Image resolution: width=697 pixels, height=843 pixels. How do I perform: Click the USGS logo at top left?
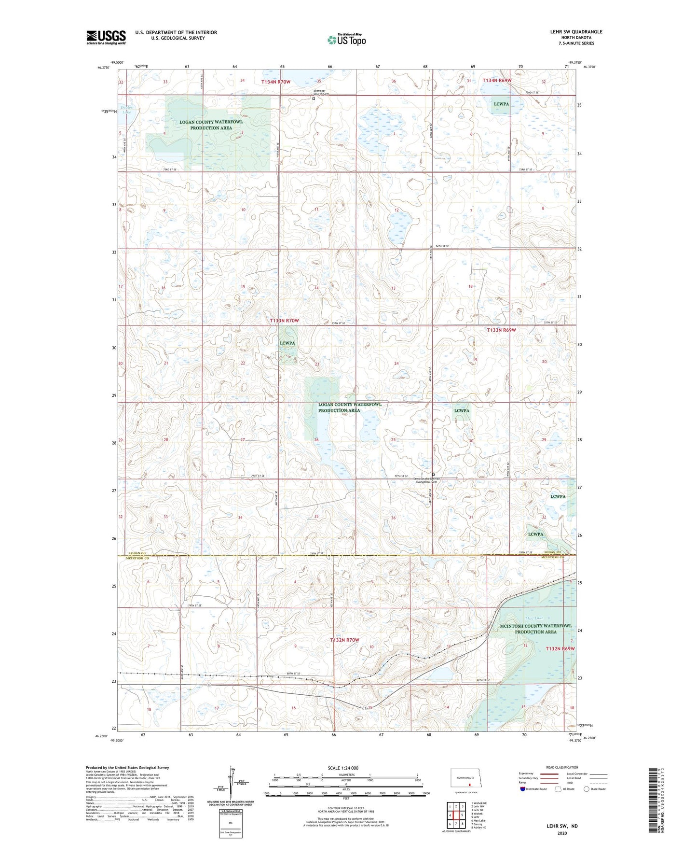pyautogui.click(x=106, y=37)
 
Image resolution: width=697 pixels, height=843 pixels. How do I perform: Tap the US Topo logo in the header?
pyautogui.click(x=346, y=40)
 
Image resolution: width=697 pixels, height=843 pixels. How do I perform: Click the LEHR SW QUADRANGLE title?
pyautogui.click(x=576, y=32)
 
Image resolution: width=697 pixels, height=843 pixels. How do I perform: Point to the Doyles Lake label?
pyautogui.click(x=126, y=110)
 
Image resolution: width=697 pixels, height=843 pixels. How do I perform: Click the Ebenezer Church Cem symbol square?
pyautogui.click(x=314, y=98)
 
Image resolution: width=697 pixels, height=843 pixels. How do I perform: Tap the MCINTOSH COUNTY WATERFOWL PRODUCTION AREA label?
pyautogui.click(x=535, y=629)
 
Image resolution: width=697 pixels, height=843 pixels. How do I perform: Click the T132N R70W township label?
pyautogui.click(x=344, y=640)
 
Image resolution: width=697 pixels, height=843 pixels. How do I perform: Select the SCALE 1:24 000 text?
pyautogui.click(x=343, y=768)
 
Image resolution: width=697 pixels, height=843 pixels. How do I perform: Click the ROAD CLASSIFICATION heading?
pyautogui.click(x=561, y=767)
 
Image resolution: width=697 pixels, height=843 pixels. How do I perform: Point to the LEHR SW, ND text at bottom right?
pyautogui.click(x=562, y=826)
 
